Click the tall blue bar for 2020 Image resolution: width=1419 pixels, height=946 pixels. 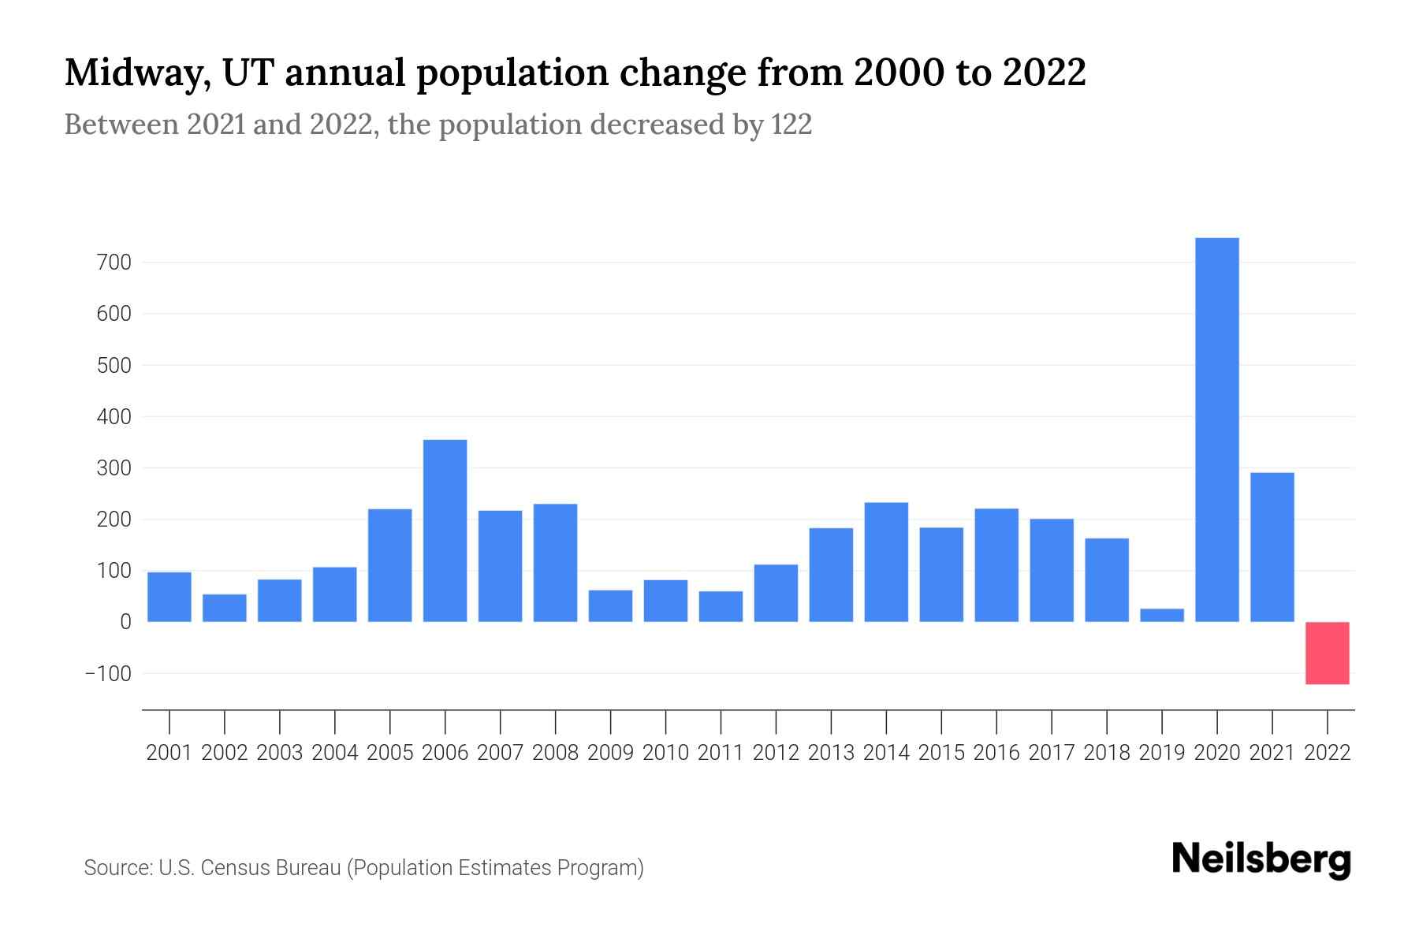[1216, 430]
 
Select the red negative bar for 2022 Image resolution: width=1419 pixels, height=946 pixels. [1327, 653]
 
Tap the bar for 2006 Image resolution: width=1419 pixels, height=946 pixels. [445, 531]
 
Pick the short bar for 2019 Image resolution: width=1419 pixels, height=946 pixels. [1161, 615]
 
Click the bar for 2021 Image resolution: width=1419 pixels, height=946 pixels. [1272, 547]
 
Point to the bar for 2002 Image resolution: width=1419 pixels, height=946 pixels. [225, 608]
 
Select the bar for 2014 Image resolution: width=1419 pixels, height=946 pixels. [886, 562]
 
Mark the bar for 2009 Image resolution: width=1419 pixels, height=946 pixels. [610, 605]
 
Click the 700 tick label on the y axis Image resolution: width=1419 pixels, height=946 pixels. [114, 263]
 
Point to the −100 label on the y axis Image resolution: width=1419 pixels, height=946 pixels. [109, 674]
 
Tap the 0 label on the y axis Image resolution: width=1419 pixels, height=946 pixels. [125, 622]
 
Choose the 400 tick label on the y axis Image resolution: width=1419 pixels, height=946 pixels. [114, 416]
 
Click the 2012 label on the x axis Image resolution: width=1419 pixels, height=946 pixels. [776, 753]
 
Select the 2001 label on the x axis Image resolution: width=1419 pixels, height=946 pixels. [169, 753]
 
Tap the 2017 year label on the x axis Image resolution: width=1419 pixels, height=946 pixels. [1051, 753]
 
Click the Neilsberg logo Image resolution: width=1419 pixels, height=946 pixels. [1261, 859]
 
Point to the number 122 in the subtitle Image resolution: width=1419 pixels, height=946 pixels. [791, 125]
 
